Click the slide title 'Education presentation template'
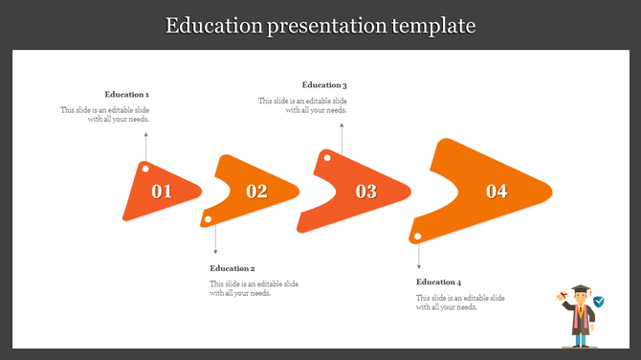[320, 25]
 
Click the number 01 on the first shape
[162, 191]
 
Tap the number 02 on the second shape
[256, 191]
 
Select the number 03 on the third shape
[366, 191]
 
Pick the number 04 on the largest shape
[497, 191]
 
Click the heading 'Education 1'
[127, 95]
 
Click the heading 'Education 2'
[232, 268]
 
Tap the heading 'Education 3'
[324, 85]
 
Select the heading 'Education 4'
[439, 282]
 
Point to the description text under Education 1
[105, 115]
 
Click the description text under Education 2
[254, 288]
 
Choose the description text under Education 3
[302, 105]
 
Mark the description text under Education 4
[460, 303]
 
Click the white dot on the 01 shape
[145, 169]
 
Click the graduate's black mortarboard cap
[579, 289]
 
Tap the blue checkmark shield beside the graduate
[599, 302]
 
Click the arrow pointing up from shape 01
[145, 148]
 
